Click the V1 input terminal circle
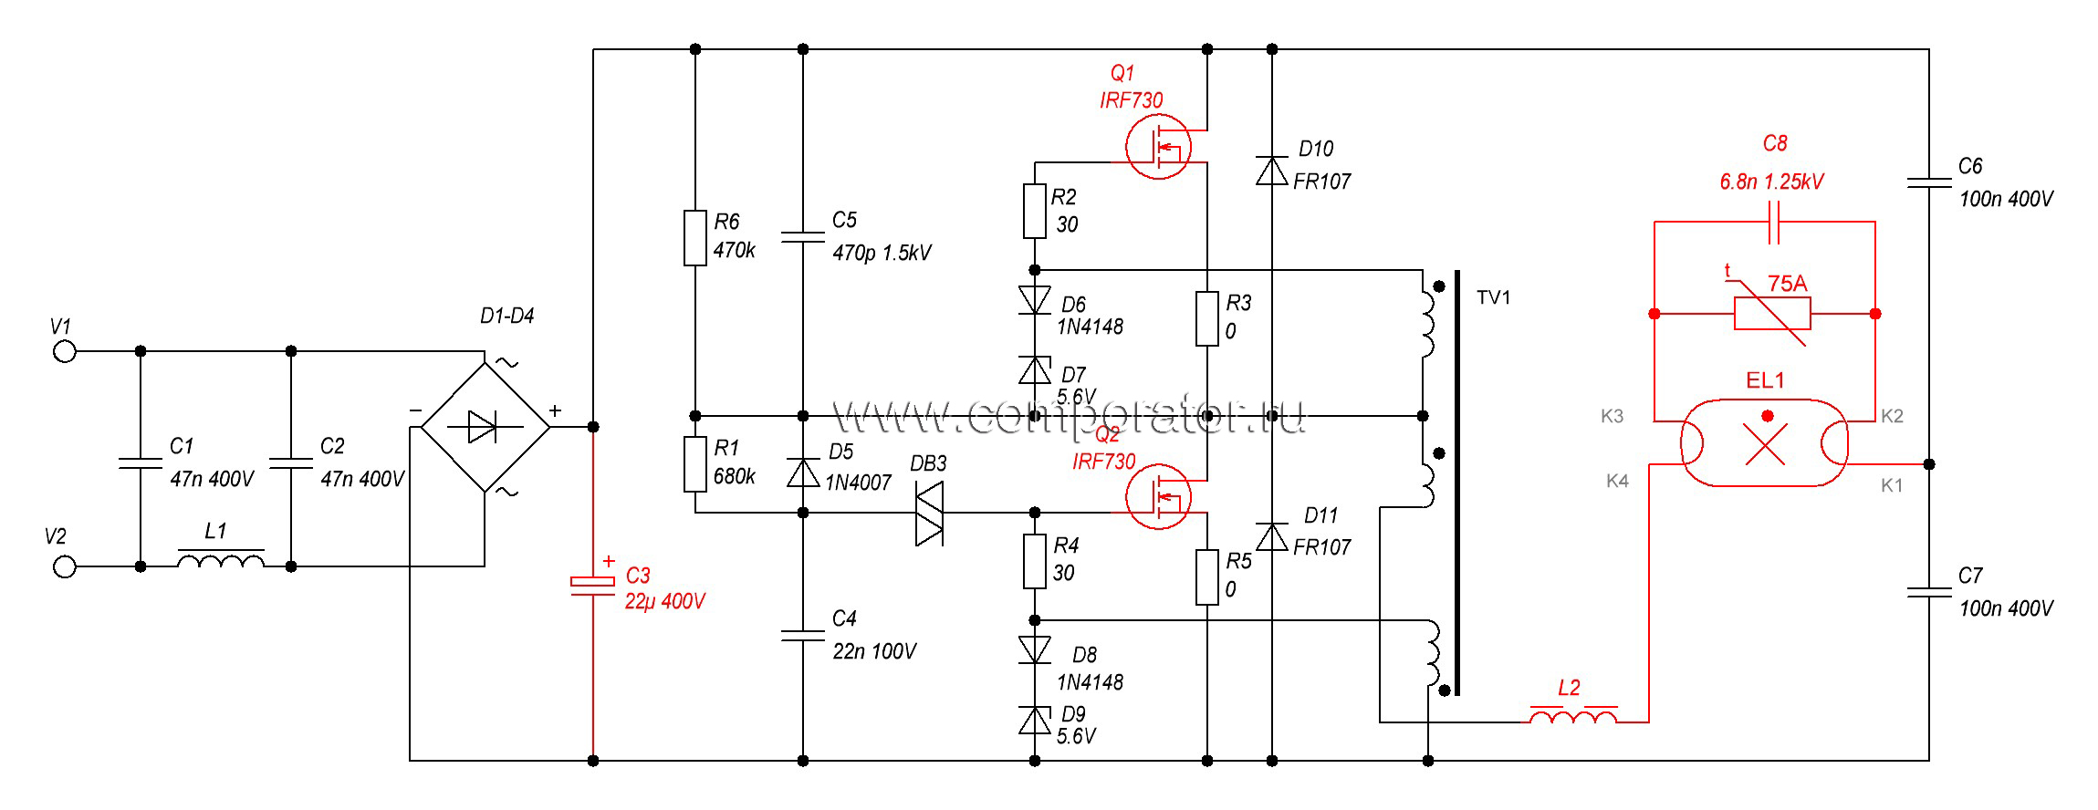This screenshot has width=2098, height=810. coord(64,351)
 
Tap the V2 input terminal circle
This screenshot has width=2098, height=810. coord(64,566)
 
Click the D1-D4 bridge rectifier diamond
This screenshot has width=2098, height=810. coord(485,427)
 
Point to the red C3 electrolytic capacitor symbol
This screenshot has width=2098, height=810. coord(593,585)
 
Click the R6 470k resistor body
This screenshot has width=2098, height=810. coord(695,238)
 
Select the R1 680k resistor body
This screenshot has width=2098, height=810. coord(695,464)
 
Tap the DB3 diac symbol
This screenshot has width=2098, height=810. coord(929,513)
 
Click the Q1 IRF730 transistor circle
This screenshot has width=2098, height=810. coord(1158,147)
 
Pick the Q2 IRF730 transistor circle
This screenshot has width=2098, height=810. coord(1158,496)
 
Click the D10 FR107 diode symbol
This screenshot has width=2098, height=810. coord(1272,170)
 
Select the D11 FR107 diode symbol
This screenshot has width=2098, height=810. coord(1272,536)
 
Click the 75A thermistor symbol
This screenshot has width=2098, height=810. coord(1772,313)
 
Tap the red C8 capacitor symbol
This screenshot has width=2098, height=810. coord(1774,222)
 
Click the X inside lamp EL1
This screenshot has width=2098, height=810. coord(1766,446)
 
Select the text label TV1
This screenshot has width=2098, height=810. coord(1494,297)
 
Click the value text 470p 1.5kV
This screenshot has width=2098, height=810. coord(882,253)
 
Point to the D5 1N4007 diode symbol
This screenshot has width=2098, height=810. coord(803,472)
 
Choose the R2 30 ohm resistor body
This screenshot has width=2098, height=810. coord(1034,211)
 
